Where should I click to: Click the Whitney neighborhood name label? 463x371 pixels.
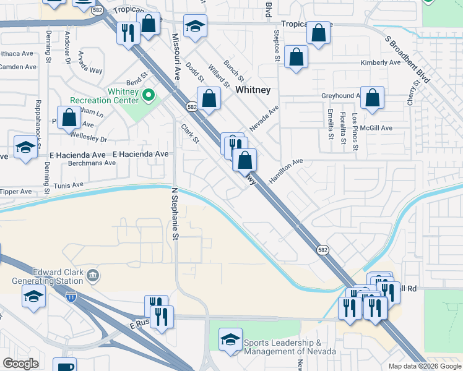coord(253,90)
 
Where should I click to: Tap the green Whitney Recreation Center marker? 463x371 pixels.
coord(148,96)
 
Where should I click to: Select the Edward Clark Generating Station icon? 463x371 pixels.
coord(93,275)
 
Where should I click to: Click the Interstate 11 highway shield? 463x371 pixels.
coord(72,297)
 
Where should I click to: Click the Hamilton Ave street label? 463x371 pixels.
coord(286,171)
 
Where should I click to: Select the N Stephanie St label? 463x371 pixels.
coord(175,214)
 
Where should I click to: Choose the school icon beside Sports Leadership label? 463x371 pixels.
coord(230,339)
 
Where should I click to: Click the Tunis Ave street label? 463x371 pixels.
coord(68,185)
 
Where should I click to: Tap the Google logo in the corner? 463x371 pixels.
coord(20,364)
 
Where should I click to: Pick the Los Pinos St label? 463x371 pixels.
coord(355,130)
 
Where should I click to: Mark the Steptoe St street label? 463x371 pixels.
coord(275,44)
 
